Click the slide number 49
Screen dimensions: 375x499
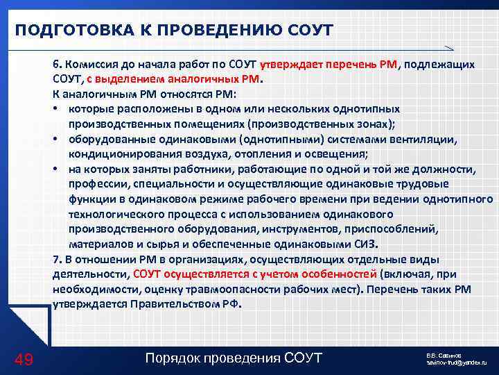(24, 358)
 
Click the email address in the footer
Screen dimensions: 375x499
(457, 362)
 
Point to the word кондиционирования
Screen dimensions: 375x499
(115, 155)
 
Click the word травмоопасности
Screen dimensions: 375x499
(215, 289)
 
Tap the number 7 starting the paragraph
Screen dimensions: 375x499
(55, 259)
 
